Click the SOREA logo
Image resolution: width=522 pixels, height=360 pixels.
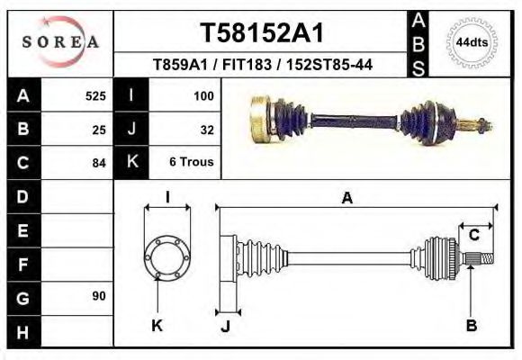[x=60, y=42]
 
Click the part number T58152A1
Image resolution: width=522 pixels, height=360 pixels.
[x=261, y=32]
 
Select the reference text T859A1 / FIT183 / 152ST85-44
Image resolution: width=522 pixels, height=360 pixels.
[x=263, y=65]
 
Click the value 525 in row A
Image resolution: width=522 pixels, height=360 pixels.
[x=95, y=95]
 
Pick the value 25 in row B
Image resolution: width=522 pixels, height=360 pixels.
[x=99, y=129]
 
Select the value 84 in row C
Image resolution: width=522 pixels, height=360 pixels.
[x=99, y=163]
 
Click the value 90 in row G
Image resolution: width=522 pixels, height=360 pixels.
[x=98, y=296]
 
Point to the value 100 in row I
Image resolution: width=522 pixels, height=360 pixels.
[x=202, y=95]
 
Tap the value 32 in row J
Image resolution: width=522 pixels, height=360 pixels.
[x=206, y=129]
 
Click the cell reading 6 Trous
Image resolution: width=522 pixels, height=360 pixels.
[x=191, y=163]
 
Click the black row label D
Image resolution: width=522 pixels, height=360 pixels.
[x=23, y=196]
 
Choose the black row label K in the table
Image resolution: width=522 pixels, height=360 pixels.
[x=131, y=163]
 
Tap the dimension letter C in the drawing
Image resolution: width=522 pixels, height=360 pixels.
[x=473, y=236]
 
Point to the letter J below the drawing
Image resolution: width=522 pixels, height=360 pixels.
[x=226, y=326]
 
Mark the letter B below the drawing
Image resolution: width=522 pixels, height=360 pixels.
[x=471, y=325]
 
